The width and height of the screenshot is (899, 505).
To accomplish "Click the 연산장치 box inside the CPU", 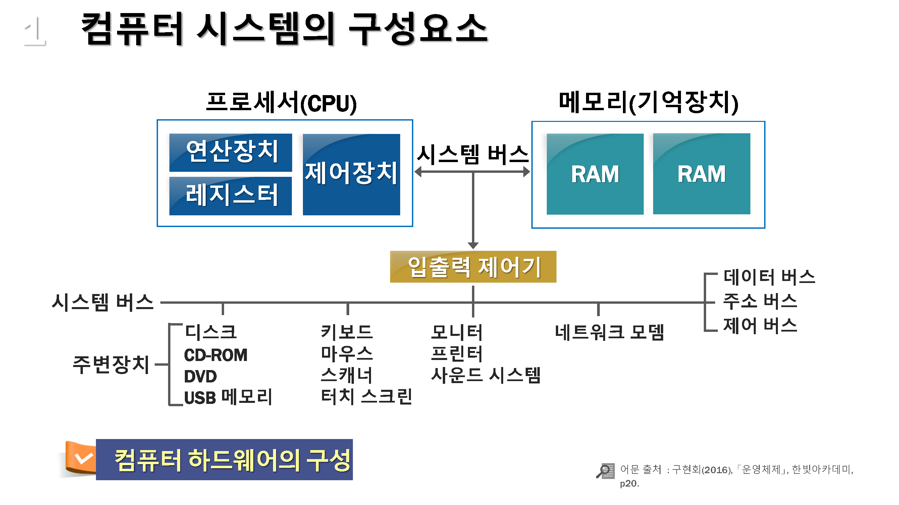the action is [x=230, y=152].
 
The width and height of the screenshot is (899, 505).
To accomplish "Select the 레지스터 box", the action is [x=230, y=196].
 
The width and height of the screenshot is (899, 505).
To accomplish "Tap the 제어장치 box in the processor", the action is [x=352, y=174].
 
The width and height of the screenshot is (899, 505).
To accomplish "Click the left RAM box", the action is [x=595, y=174].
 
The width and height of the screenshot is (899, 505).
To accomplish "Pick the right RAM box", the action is [x=701, y=173].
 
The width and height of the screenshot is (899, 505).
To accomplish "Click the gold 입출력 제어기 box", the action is [x=473, y=267].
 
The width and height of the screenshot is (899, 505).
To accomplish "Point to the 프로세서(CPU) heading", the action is [x=281, y=102].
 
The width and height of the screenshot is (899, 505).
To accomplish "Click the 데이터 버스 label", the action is [x=769, y=277].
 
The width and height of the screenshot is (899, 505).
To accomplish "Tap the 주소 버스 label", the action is [x=760, y=301].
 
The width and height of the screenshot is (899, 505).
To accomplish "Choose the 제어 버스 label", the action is [x=760, y=325].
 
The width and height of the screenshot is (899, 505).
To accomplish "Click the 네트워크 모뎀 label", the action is [x=609, y=332].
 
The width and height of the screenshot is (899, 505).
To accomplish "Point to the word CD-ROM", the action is [x=216, y=355].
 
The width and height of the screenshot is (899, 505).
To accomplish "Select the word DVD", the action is [x=200, y=376].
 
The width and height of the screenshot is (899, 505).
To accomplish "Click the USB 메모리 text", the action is [x=228, y=397].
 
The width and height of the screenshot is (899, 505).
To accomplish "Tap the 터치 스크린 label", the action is [x=366, y=396].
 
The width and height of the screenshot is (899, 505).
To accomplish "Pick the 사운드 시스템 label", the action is [x=486, y=375].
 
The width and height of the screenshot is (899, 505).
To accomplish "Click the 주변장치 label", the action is [x=111, y=365].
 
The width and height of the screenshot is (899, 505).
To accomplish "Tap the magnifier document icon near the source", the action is [x=605, y=471].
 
